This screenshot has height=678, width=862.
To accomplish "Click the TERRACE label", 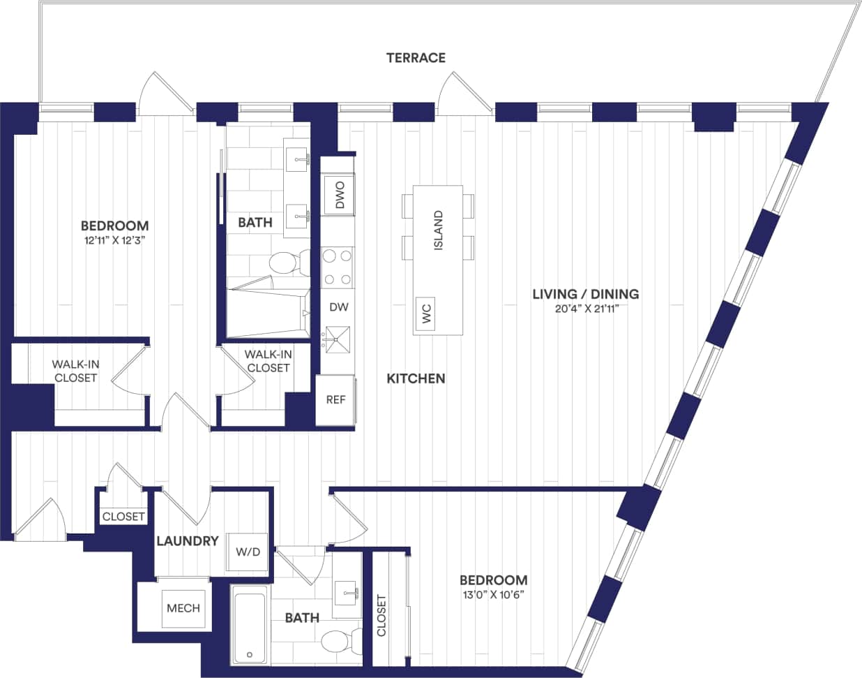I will [416, 58].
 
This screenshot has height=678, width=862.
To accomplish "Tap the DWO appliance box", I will [340, 196].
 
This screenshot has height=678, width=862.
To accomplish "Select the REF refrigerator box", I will [335, 400].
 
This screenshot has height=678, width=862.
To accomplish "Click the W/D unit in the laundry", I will [248, 552].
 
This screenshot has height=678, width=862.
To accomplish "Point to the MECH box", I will [183, 608].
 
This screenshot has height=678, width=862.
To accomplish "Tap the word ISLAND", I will [439, 230].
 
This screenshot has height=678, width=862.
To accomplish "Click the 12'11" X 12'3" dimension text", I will [114, 240].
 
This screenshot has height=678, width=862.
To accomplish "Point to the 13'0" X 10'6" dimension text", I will [493, 595].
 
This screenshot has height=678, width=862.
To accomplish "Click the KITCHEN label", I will [416, 378].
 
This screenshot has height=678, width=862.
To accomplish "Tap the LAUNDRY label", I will [188, 541].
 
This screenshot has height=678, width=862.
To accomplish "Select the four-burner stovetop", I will [338, 267].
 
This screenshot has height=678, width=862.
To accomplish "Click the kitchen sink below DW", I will [338, 340].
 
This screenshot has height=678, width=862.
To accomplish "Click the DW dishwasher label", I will [339, 307].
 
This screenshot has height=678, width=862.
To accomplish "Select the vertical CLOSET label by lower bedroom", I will [381, 615].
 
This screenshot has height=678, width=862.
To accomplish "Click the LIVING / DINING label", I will [586, 294].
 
